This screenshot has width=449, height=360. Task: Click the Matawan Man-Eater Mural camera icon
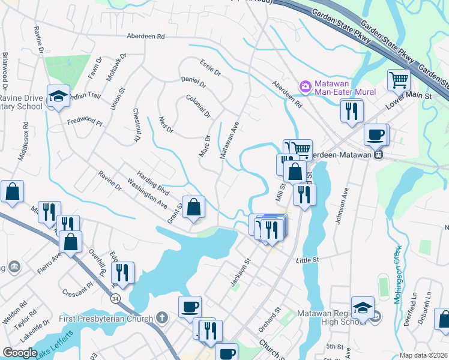[x=306, y=87]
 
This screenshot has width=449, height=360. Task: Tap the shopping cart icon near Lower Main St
[x=399, y=79]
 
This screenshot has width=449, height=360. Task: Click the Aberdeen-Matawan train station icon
[x=378, y=154]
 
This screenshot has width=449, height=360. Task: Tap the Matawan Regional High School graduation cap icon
[x=363, y=308]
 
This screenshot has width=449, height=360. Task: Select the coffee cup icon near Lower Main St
[x=376, y=134]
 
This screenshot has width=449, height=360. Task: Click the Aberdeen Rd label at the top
[x=145, y=37]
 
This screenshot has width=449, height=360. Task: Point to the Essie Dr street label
[x=211, y=67]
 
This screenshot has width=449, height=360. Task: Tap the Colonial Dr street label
[x=199, y=106]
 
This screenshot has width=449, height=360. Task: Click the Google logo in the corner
[x=20, y=353]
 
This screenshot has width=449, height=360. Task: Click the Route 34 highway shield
[x=114, y=297]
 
